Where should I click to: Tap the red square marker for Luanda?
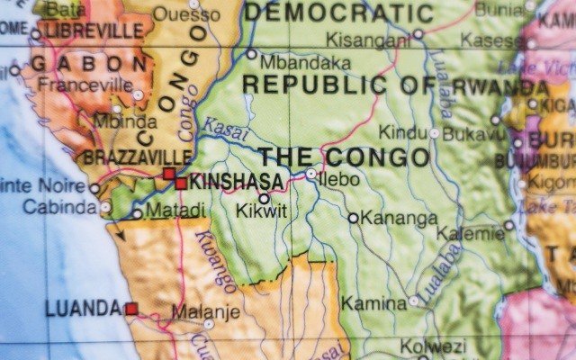[x=131, y=309]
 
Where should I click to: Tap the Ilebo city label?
[x=340, y=179]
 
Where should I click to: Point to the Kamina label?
[x=373, y=303]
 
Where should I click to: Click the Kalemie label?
[x=470, y=233]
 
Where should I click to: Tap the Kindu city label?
[x=401, y=132]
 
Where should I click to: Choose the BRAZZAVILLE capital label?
[x=137, y=157]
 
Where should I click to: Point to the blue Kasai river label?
[x=223, y=128]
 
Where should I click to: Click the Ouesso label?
[x=185, y=13]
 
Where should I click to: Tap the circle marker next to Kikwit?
[x=264, y=199]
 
